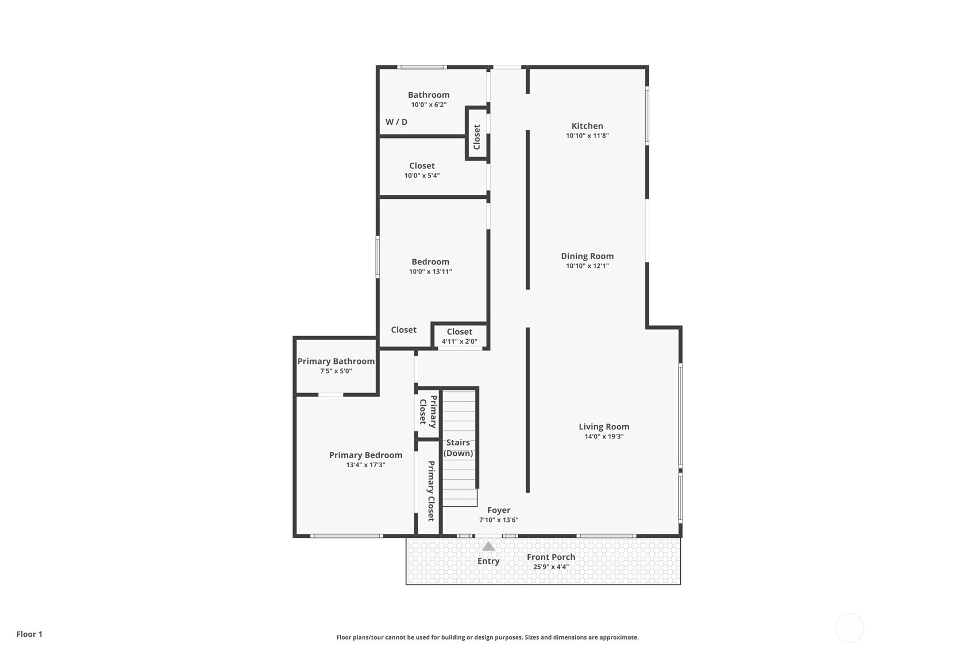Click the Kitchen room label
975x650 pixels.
(587, 126)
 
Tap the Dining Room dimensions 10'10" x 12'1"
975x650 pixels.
(587, 266)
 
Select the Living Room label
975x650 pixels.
(603, 426)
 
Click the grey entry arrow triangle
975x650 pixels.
(488, 547)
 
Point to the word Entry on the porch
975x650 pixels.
(488, 561)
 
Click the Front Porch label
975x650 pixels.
(550, 557)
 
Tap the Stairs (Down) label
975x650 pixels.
(458, 448)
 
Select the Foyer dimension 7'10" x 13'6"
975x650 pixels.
(498, 520)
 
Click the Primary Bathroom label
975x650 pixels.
(336, 361)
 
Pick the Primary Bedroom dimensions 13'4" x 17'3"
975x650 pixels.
(365, 465)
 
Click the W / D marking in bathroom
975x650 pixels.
(396, 122)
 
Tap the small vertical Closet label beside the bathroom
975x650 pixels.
(476, 137)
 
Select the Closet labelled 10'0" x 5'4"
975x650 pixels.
(422, 166)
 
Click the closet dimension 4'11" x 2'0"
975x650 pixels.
(459, 341)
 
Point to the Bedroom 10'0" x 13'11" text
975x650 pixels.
(430, 271)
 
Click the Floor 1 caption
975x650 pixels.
(29, 634)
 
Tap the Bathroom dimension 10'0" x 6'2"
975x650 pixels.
(429, 105)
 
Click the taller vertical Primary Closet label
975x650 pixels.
(430, 491)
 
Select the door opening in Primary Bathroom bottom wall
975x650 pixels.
(330, 395)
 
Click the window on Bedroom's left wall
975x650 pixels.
(377, 257)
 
